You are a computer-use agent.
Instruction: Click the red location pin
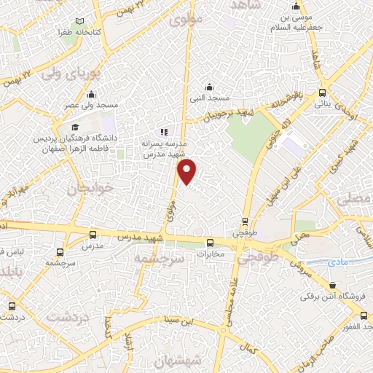[x=188, y=170]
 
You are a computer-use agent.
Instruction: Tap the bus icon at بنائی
[x=323, y=93]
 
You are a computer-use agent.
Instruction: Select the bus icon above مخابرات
[x=210, y=243]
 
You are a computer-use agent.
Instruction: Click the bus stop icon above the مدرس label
[x=92, y=235]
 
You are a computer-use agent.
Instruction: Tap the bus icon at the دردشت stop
[x=10, y=307]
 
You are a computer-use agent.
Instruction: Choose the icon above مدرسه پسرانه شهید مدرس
[x=165, y=133]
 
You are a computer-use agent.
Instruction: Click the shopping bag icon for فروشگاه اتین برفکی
[x=331, y=286]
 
